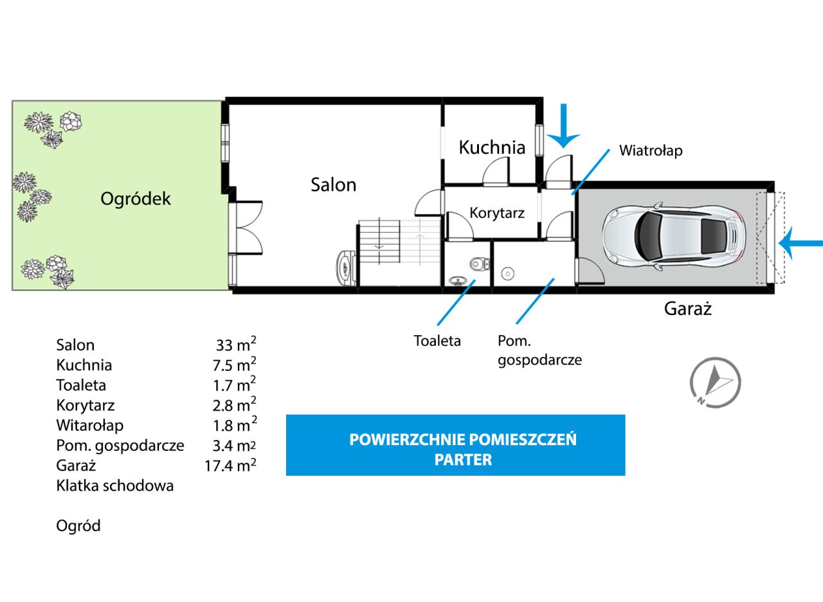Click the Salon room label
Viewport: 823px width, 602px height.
coord(333,185)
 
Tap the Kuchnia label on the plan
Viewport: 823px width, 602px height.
coord(492,147)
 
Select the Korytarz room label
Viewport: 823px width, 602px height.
coord(497,213)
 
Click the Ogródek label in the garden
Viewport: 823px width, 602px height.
coord(136,199)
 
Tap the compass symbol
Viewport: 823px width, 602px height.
coord(715,382)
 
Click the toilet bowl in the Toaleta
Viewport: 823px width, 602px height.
coord(478,264)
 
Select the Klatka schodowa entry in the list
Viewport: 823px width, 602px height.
coord(115,486)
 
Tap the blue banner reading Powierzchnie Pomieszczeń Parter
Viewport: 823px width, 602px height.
coord(455,445)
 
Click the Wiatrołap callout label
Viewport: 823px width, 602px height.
coord(650,151)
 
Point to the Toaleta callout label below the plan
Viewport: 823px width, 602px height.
coord(437,341)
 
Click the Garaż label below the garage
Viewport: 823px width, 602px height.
coord(687,309)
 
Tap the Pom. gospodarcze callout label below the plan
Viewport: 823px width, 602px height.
coord(539,350)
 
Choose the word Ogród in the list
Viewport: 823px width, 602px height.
coord(78,526)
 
